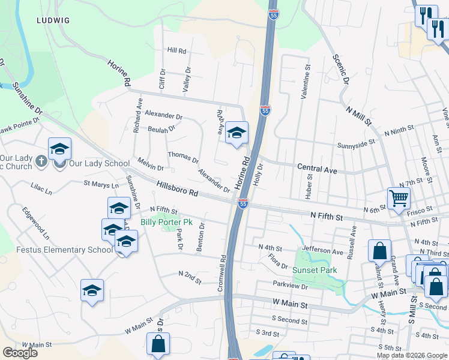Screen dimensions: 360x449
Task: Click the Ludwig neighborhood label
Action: pyautogui.click(x=53, y=20)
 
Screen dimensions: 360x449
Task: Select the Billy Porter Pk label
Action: pyautogui.click(x=166, y=222)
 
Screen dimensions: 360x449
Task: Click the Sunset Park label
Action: pyautogui.click(x=315, y=270)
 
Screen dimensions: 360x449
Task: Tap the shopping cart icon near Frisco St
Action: pyautogui.click(x=399, y=198)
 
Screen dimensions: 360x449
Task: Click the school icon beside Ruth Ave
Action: pyautogui.click(x=237, y=133)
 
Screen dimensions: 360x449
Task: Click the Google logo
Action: pyautogui.click(x=20, y=352)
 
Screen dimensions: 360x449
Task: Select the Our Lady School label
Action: pyautogui.click(x=99, y=163)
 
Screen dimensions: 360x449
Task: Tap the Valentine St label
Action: pyautogui.click(x=307, y=83)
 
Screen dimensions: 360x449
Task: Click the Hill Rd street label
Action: pyautogui.click(x=177, y=51)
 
